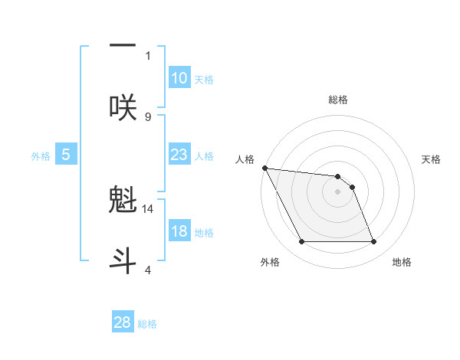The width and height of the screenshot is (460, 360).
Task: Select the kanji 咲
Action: (x=123, y=106)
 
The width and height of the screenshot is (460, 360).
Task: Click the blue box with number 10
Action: (x=179, y=78)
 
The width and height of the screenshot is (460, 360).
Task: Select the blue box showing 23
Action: (x=179, y=155)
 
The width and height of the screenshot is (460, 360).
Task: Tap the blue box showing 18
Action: (x=179, y=231)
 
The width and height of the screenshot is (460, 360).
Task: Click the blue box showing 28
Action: (x=123, y=322)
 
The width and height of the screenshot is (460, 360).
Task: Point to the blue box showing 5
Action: (x=66, y=155)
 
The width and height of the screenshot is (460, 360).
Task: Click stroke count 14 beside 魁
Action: (x=148, y=208)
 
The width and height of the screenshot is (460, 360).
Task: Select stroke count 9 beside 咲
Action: (x=148, y=116)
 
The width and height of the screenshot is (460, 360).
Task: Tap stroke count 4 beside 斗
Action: (x=148, y=270)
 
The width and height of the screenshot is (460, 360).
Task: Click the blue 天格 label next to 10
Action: (x=204, y=79)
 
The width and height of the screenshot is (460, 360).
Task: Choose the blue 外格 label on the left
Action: (x=41, y=155)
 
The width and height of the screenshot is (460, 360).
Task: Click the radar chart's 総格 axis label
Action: (x=337, y=100)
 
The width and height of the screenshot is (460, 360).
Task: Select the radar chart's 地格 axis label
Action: (x=402, y=262)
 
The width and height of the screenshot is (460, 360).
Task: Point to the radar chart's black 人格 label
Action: (x=245, y=159)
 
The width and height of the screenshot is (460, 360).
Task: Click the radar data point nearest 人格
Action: (x=264, y=168)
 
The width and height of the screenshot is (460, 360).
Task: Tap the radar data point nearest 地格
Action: (x=373, y=242)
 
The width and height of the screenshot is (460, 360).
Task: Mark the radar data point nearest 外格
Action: (x=301, y=242)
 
